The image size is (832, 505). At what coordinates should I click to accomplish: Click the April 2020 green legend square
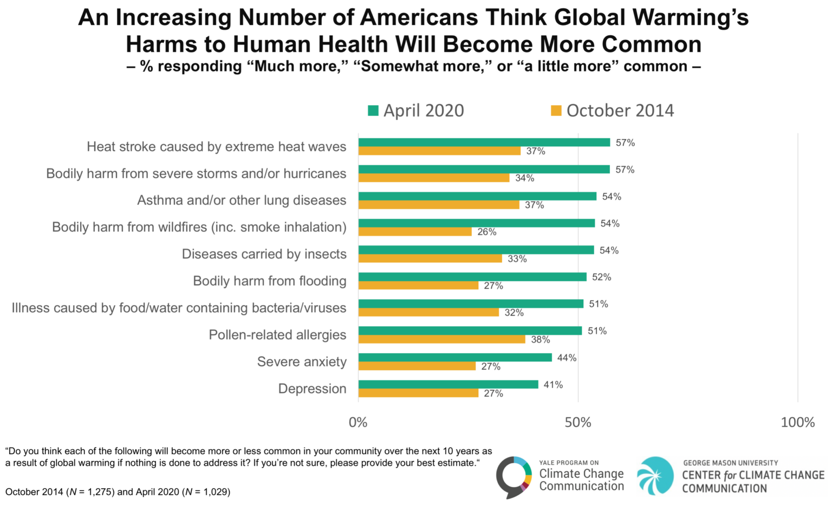click(373, 111)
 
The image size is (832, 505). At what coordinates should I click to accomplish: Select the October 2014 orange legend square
click(556, 111)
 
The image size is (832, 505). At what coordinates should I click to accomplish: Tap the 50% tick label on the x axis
click(578, 423)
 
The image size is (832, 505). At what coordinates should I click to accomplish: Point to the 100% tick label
click(797, 423)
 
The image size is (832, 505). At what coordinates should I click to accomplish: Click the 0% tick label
click(358, 423)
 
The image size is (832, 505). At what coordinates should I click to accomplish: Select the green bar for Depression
click(448, 384)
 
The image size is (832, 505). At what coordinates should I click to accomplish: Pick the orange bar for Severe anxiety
click(417, 366)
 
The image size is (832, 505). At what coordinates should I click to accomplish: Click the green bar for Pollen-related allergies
click(470, 331)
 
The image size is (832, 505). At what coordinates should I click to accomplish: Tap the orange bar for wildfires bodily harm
click(415, 232)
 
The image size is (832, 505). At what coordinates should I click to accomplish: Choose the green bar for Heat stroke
click(484, 143)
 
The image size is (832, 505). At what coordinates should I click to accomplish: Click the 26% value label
click(487, 232)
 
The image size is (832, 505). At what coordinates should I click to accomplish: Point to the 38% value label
click(541, 340)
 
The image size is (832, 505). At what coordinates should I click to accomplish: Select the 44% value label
click(567, 358)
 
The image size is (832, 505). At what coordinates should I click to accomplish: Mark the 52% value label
click(601, 277)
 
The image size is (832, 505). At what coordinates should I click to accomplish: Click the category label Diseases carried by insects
click(264, 254)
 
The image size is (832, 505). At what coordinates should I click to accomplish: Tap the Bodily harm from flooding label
click(269, 281)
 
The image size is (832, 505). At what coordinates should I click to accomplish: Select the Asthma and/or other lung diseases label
click(242, 200)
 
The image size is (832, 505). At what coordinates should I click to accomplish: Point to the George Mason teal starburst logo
click(655, 476)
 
